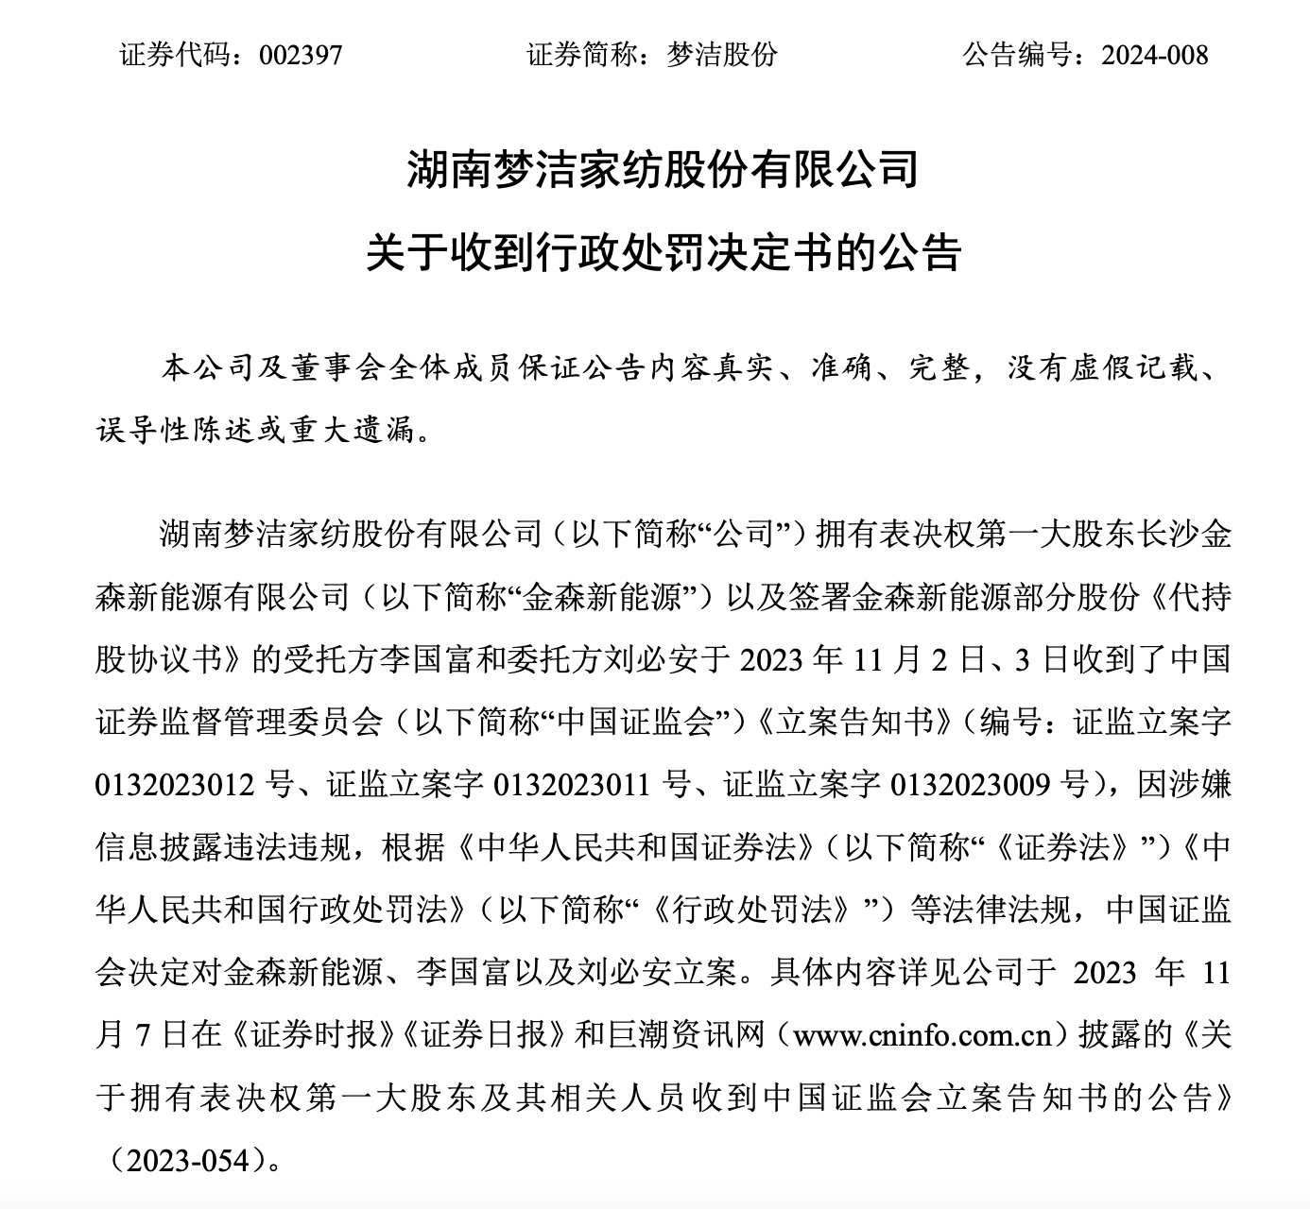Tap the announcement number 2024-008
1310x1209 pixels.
point(1155,55)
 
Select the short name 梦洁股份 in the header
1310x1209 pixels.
point(722,55)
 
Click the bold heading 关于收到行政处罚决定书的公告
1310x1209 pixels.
point(663,252)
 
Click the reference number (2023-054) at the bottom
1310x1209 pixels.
point(182,1160)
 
